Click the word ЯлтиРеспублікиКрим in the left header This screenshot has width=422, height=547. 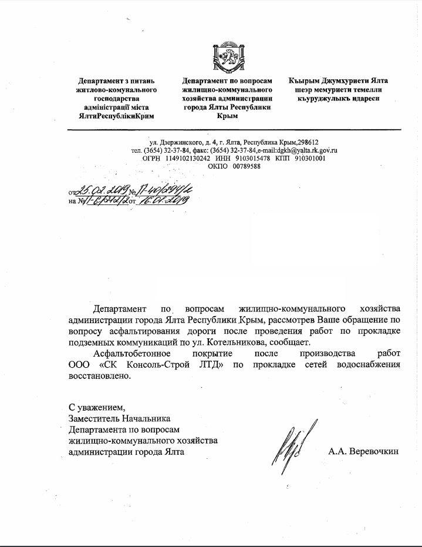pyautogui.click(x=113, y=116)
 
